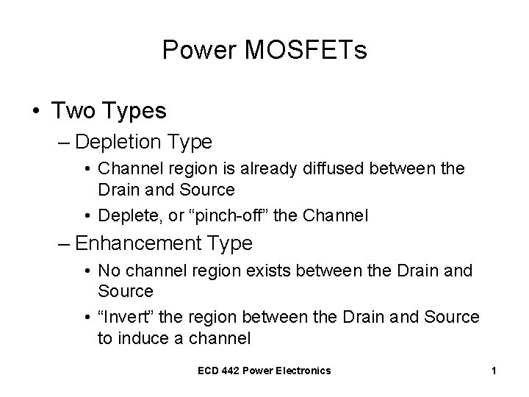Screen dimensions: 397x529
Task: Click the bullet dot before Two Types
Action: (x=36, y=112)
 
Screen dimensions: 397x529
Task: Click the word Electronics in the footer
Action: (x=303, y=371)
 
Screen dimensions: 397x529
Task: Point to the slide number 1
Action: (x=494, y=371)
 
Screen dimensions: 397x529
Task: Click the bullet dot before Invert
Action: (x=88, y=318)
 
